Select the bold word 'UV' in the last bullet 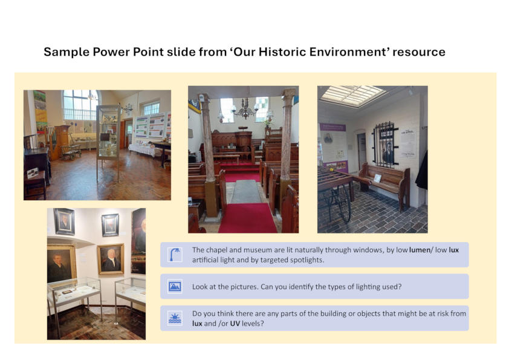(235, 323)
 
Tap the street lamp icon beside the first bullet (175, 255)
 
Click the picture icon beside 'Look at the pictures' (175, 286)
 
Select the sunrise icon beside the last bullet (175, 318)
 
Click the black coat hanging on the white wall (422, 170)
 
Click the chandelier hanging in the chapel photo (244, 110)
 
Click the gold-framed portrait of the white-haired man (110, 259)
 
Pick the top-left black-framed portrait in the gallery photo (64, 221)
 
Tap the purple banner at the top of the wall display (332, 128)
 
